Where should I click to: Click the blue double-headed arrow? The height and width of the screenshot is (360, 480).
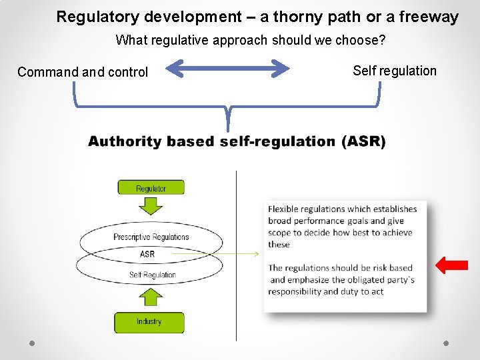coord(228,68)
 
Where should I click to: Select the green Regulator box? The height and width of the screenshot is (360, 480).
coord(151,188)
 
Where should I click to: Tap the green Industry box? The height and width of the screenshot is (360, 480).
coord(149,322)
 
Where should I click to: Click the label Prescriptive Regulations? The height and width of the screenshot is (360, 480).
coord(151,237)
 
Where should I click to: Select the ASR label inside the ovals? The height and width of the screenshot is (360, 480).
coord(147,254)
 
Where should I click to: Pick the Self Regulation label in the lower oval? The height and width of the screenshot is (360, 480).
coord(153,275)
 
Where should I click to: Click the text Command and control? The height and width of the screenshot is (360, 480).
coord(83,72)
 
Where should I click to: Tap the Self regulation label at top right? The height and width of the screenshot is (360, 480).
coord(395,71)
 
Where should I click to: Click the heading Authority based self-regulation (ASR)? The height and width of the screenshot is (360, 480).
coord(237,141)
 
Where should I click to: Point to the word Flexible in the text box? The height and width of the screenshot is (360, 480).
coord(283,209)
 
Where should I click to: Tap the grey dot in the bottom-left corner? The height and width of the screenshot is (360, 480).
coord(32,343)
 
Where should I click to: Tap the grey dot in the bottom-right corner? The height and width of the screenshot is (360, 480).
coord(446,343)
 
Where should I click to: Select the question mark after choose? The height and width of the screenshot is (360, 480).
coord(382,40)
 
